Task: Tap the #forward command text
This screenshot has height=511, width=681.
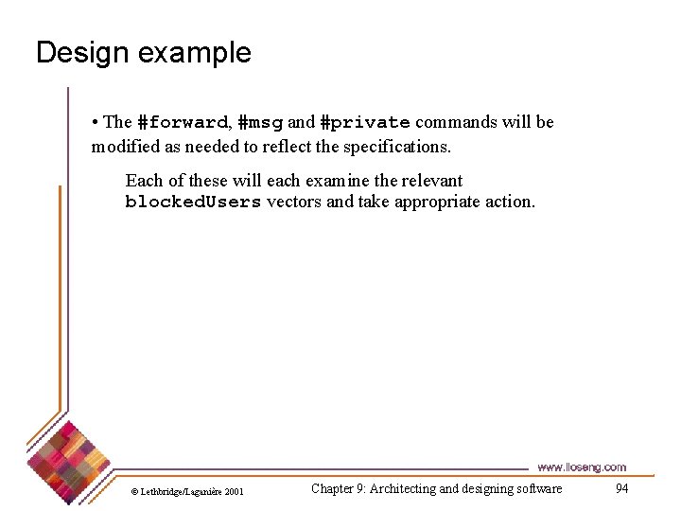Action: (x=183, y=122)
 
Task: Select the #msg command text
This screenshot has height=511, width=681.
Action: (x=260, y=122)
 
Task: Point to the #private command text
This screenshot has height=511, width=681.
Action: (x=365, y=122)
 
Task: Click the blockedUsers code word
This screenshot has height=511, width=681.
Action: (x=193, y=202)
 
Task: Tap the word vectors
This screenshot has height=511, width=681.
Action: (x=294, y=202)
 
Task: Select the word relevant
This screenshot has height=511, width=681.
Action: (x=430, y=181)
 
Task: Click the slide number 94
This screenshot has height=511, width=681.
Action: (x=621, y=488)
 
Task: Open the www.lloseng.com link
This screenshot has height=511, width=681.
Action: (x=582, y=467)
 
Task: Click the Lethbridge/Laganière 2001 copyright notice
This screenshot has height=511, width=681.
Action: (x=187, y=491)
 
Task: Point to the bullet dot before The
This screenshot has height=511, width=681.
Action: (x=96, y=122)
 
